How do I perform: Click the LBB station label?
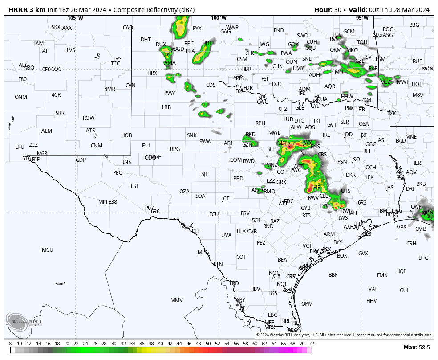click(166, 107)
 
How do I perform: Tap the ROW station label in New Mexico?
click(89, 118)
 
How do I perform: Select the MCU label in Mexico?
click(48, 250)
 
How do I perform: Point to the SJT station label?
click(205, 174)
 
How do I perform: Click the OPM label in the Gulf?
click(307, 303)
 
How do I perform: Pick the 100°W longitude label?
click(219, 18)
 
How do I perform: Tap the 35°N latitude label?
click(427, 69)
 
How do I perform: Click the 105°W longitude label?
click(75, 18)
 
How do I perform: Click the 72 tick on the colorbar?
click(311, 344)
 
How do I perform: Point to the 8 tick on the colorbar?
click(10, 344)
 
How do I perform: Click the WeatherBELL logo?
click(24, 322)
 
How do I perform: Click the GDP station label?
click(81, 160)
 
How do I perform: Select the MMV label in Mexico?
click(177, 300)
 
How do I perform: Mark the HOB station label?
click(126, 135)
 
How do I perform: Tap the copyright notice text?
click(344, 335)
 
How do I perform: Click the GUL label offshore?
click(405, 290)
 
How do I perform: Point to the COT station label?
click(241, 257)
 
